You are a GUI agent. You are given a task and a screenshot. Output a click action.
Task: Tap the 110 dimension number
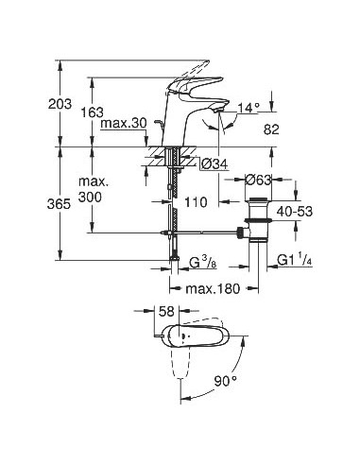(x=195, y=201)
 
